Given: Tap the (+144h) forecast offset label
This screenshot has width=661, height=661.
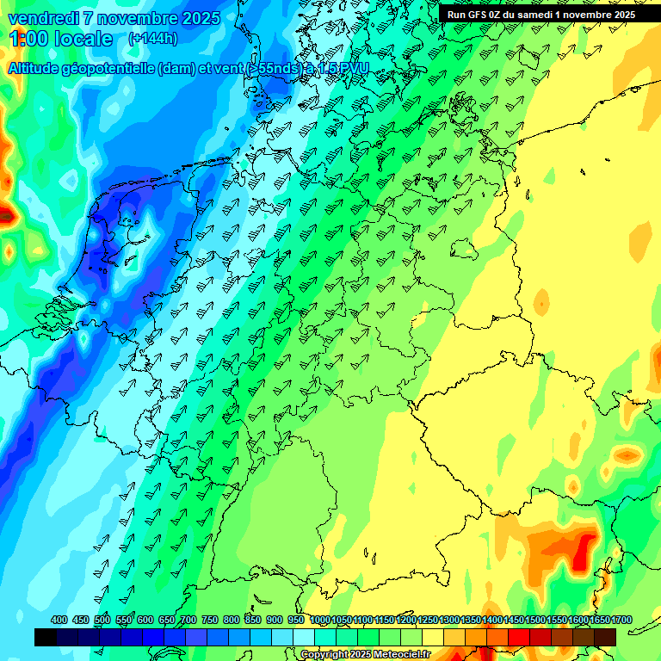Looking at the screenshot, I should [x=152, y=38].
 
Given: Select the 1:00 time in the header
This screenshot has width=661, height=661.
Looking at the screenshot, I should [x=28, y=39].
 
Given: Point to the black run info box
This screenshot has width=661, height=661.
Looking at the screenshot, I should [x=541, y=14].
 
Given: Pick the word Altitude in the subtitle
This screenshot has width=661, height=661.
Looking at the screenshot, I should [x=40, y=68].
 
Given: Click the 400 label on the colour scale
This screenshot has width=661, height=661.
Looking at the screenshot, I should [x=59, y=620].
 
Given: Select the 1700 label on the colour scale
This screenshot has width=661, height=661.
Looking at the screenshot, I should [x=605, y=620].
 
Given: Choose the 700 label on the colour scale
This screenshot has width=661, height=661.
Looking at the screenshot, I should [x=188, y=620].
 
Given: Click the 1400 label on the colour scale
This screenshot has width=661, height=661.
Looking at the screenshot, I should [x=492, y=620].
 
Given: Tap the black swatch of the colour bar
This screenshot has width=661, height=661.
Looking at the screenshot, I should [x=46, y=637].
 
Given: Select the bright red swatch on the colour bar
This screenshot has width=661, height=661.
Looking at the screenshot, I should [x=519, y=637].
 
